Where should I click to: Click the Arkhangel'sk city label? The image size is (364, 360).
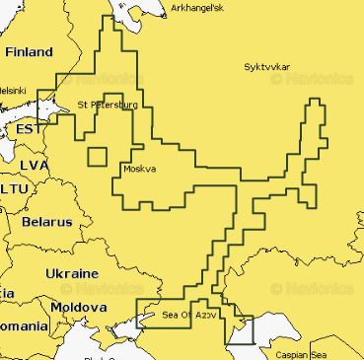pyautogui.click(x=197, y=7)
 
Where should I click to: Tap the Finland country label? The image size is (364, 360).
pyautogui.click(x=30, y=51)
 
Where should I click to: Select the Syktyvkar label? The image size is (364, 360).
pyautogui.click(x=267, y=67)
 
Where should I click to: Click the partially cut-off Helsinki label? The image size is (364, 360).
pyautogui.click(x=12, y=89)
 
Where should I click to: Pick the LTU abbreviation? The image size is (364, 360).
pyautogui.click(x=15, y=187)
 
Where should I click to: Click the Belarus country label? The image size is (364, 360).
pyautogui.click(x=45, y=222)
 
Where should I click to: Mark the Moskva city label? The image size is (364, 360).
pyautogui.click(x=140, y=169)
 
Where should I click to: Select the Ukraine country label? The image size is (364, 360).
pyautogui.click(x=71, y=272)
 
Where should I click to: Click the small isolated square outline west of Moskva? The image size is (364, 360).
pyautogui.click(x=97, y=156)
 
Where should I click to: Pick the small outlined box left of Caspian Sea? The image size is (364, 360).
pyautogui.click(x=241, y=330)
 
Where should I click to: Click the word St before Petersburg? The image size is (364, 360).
pyautogui.click(x=83, y=104)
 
